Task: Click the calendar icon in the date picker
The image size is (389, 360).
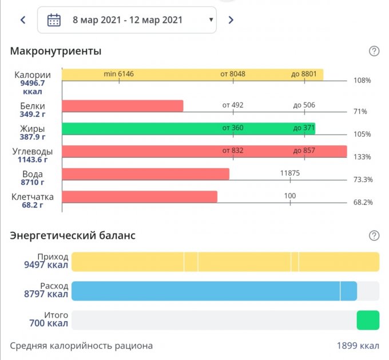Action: pos(54,20)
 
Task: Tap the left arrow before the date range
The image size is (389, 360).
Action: pos(23,20)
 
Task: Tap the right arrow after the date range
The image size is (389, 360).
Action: pos(231,20)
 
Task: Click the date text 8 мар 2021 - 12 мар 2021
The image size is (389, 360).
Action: pos(128,20)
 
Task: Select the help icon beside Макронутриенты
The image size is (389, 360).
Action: pos(374,52)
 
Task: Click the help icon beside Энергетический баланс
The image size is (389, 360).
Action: pos(374,235)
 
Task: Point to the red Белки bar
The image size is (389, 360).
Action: pos(122,106)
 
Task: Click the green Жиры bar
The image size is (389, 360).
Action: pos(188,128)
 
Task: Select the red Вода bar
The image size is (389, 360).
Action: pos(145,174)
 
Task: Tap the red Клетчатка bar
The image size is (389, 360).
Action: pos(140,197)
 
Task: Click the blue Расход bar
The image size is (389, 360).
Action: pos(214,291)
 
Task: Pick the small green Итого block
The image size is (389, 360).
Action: pos(368,321)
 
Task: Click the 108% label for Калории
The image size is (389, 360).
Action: pos(362,81)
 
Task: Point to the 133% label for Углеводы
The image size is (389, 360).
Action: pos(362,157)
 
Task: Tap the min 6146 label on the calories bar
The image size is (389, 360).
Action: pos(118,74)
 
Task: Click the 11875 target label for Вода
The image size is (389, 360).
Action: pos(290,173)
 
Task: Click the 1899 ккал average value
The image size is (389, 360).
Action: pos(358,346)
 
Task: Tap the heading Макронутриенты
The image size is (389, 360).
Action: pos(55,52)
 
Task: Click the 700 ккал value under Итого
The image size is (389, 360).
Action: pos(49,324)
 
